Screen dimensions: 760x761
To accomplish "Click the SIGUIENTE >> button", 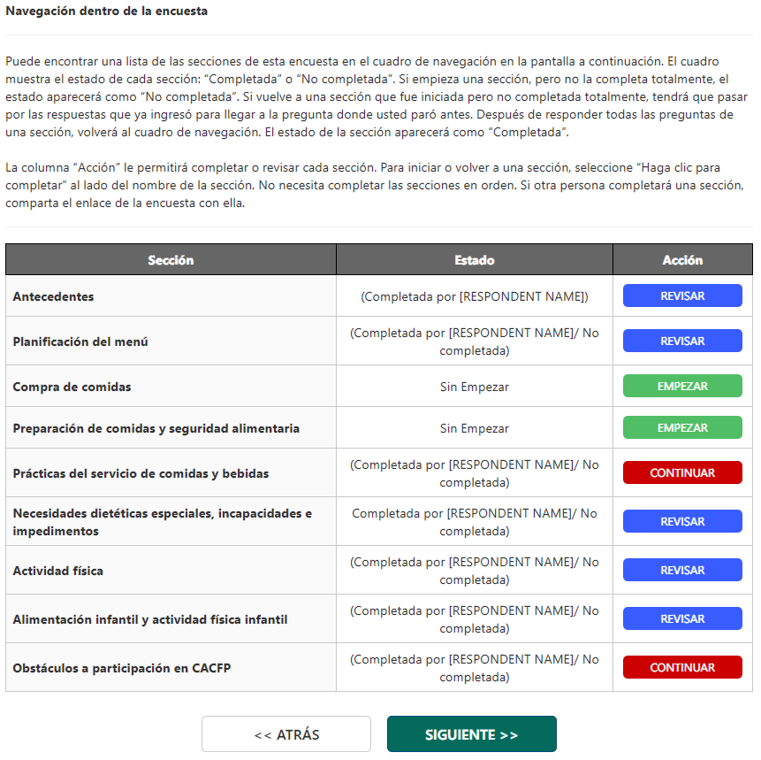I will click(471, 734).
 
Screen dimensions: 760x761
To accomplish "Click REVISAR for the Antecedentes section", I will click(682, 296).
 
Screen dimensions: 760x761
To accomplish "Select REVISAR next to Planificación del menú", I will click(682, 342).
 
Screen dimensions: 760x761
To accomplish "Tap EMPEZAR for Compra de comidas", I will click(682, 387).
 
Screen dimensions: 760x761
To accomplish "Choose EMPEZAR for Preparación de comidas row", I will click(682, 428).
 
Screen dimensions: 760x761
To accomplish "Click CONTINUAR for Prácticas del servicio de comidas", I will click(682, 473).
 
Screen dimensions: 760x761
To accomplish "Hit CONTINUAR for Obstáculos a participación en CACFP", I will click(682, 668).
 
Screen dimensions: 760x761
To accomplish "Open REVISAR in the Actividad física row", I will click(682, 571).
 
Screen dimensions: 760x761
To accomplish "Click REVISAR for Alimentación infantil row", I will click(682, 619).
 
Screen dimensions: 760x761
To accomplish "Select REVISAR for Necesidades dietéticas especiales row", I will click(682, 522).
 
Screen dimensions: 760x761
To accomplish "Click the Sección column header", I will click(171, 260).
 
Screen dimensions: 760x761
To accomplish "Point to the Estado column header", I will click(475, 260).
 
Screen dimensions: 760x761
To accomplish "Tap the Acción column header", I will click(682, 260).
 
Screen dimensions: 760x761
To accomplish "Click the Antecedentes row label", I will click(53, 297).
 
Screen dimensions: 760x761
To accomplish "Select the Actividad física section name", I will click(57, 572).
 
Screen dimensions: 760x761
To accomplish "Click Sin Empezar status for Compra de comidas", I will click(475, 387).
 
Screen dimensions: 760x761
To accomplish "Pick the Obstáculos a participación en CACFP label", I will click(121, 668).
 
